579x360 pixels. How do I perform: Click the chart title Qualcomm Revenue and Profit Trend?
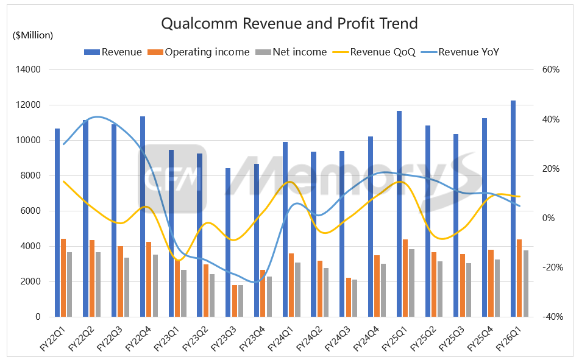pos(289,24)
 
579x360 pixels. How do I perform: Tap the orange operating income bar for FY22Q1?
pos(63,278)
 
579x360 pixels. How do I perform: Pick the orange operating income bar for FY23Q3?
pos(235,301)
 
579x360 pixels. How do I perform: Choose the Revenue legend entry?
pos(113,52)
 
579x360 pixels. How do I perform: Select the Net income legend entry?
pos(293,52)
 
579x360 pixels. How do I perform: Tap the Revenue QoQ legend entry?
pos(374,52)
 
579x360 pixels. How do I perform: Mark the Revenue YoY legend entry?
pos(461,52)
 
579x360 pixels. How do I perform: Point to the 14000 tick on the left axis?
pos(28,69)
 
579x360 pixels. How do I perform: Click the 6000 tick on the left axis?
pos(30,211)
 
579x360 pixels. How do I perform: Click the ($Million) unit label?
pos(33,35)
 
